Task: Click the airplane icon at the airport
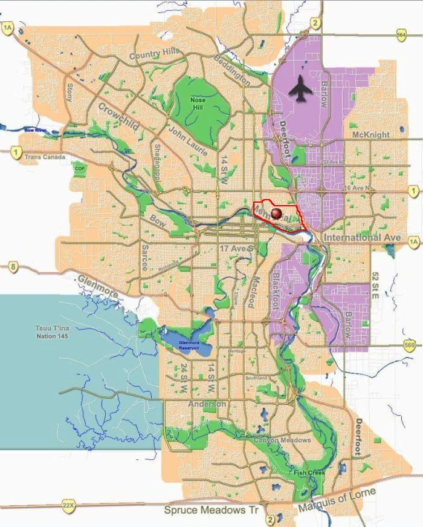[302, 90]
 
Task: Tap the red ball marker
[276, 214]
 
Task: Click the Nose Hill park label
[198, 103]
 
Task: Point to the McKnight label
[370, 134]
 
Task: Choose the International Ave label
[362, 238]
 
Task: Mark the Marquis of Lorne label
[337, 500]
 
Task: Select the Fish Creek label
[309, 473]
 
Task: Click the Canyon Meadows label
[282, 440]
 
